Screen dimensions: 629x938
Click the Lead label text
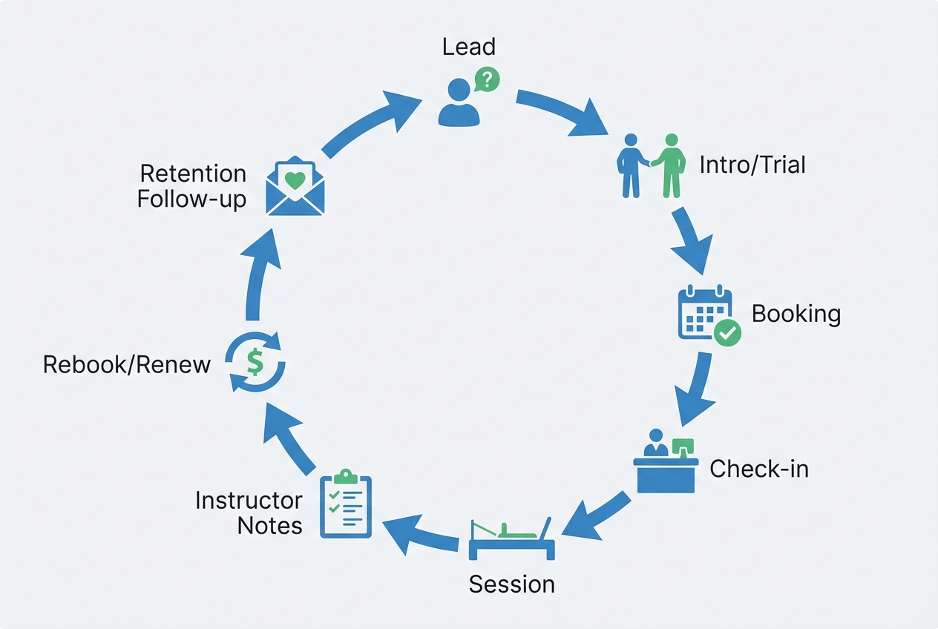(x=468, y=47)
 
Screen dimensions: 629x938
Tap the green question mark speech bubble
(x=487, y=78)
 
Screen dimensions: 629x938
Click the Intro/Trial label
(x=752, y=164)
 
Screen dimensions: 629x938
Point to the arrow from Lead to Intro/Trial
(x=564, y=111)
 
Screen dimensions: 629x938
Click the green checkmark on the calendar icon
(x=727, y=333)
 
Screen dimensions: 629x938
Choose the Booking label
(x=796, y=314)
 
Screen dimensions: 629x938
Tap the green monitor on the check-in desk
(x=682, y=447)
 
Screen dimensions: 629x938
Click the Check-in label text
(x=758, y=469)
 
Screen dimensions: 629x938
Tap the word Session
(x=511, y=584)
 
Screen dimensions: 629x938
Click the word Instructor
(x=249, y=501)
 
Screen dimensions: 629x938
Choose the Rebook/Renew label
(x=127, y=365)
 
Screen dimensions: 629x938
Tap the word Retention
(x=193, y=174)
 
